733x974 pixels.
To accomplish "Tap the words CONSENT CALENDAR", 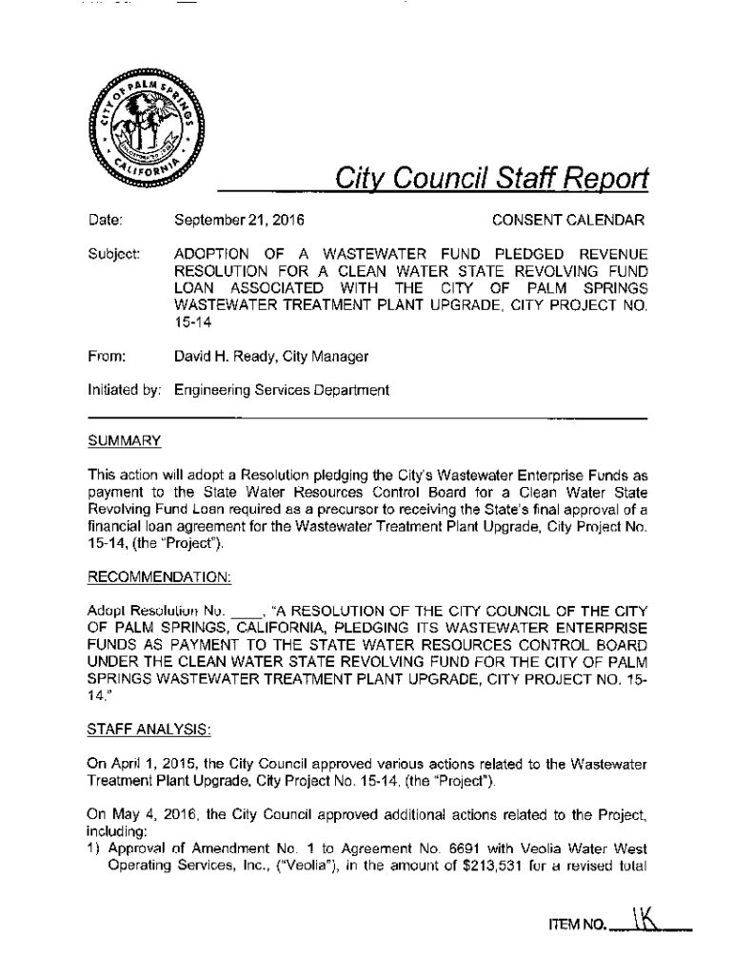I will tap(567, 222).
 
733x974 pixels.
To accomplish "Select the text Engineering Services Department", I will tap(282, 389).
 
